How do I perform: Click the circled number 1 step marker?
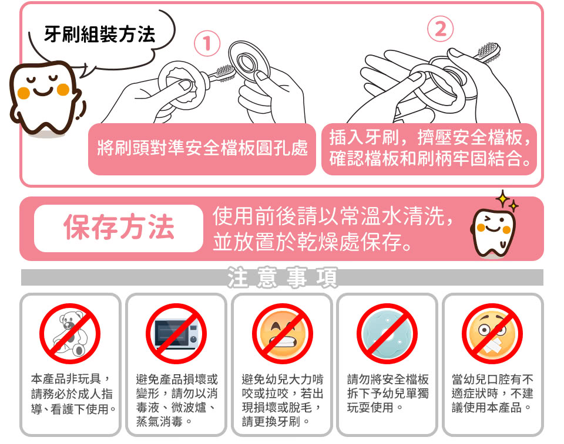click(x=207, y=43)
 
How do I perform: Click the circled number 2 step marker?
click(x=440, y=29)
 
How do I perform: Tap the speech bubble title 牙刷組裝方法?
click(x=100, y=35)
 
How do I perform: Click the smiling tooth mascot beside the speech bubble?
click(x=46, y=99)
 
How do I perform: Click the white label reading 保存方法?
click(x=119, y=228)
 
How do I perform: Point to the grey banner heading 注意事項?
click(x=282, y=277)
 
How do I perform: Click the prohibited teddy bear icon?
click(x=70, y=334)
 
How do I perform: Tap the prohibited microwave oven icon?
click(x=176, y=334)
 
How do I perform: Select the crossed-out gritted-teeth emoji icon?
click(x=282, y=334)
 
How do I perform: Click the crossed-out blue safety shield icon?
click(x=387, y=334)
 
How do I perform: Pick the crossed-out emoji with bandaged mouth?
click(x=492, y=334)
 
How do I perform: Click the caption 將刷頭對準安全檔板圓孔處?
click(x=203, y=148)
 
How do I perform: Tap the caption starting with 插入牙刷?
click(x=429, y=148)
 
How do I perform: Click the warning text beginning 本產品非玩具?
click(x=72, y=394)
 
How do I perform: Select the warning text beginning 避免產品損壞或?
click(x=177, y=400)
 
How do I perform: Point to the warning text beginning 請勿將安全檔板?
click(x=388, y=394)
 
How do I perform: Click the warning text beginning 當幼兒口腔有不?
click(x=492, y=394)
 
